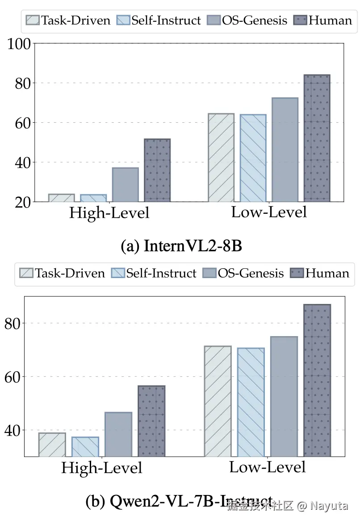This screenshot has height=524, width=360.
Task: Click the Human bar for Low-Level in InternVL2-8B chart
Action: [x=317, y=138]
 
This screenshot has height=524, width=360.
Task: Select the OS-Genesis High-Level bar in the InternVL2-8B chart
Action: [x=125, y=185]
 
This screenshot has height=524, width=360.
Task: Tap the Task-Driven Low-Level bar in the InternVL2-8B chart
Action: [x=221, y=158]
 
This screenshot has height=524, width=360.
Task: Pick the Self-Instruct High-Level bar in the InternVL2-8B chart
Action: [x=93, y=198]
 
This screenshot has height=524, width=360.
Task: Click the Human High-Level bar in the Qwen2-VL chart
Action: [x=151, y=421]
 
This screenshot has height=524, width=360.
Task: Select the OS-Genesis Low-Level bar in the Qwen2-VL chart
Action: [x=284, y=396]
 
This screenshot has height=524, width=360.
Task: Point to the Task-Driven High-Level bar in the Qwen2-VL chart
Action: [x=52, y=445]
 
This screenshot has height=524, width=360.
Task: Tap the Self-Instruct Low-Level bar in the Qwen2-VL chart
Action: [x=251, y=402]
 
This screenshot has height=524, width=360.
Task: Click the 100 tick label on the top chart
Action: [x=19, y=44]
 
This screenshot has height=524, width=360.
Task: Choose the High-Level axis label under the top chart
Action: [x=109, y=213]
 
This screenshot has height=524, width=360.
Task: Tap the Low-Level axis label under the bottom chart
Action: [x=267, y=467]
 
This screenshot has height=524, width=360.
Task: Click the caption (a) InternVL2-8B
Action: [x=181, y=246]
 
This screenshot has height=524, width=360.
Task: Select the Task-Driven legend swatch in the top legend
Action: [x=33, y=20]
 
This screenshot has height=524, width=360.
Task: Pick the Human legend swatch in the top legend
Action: [x=300, y=20]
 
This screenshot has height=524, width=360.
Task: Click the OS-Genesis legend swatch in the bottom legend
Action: [x=209, y=273]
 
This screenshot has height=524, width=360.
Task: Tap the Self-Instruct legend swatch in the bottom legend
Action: [x=117, y=273]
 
